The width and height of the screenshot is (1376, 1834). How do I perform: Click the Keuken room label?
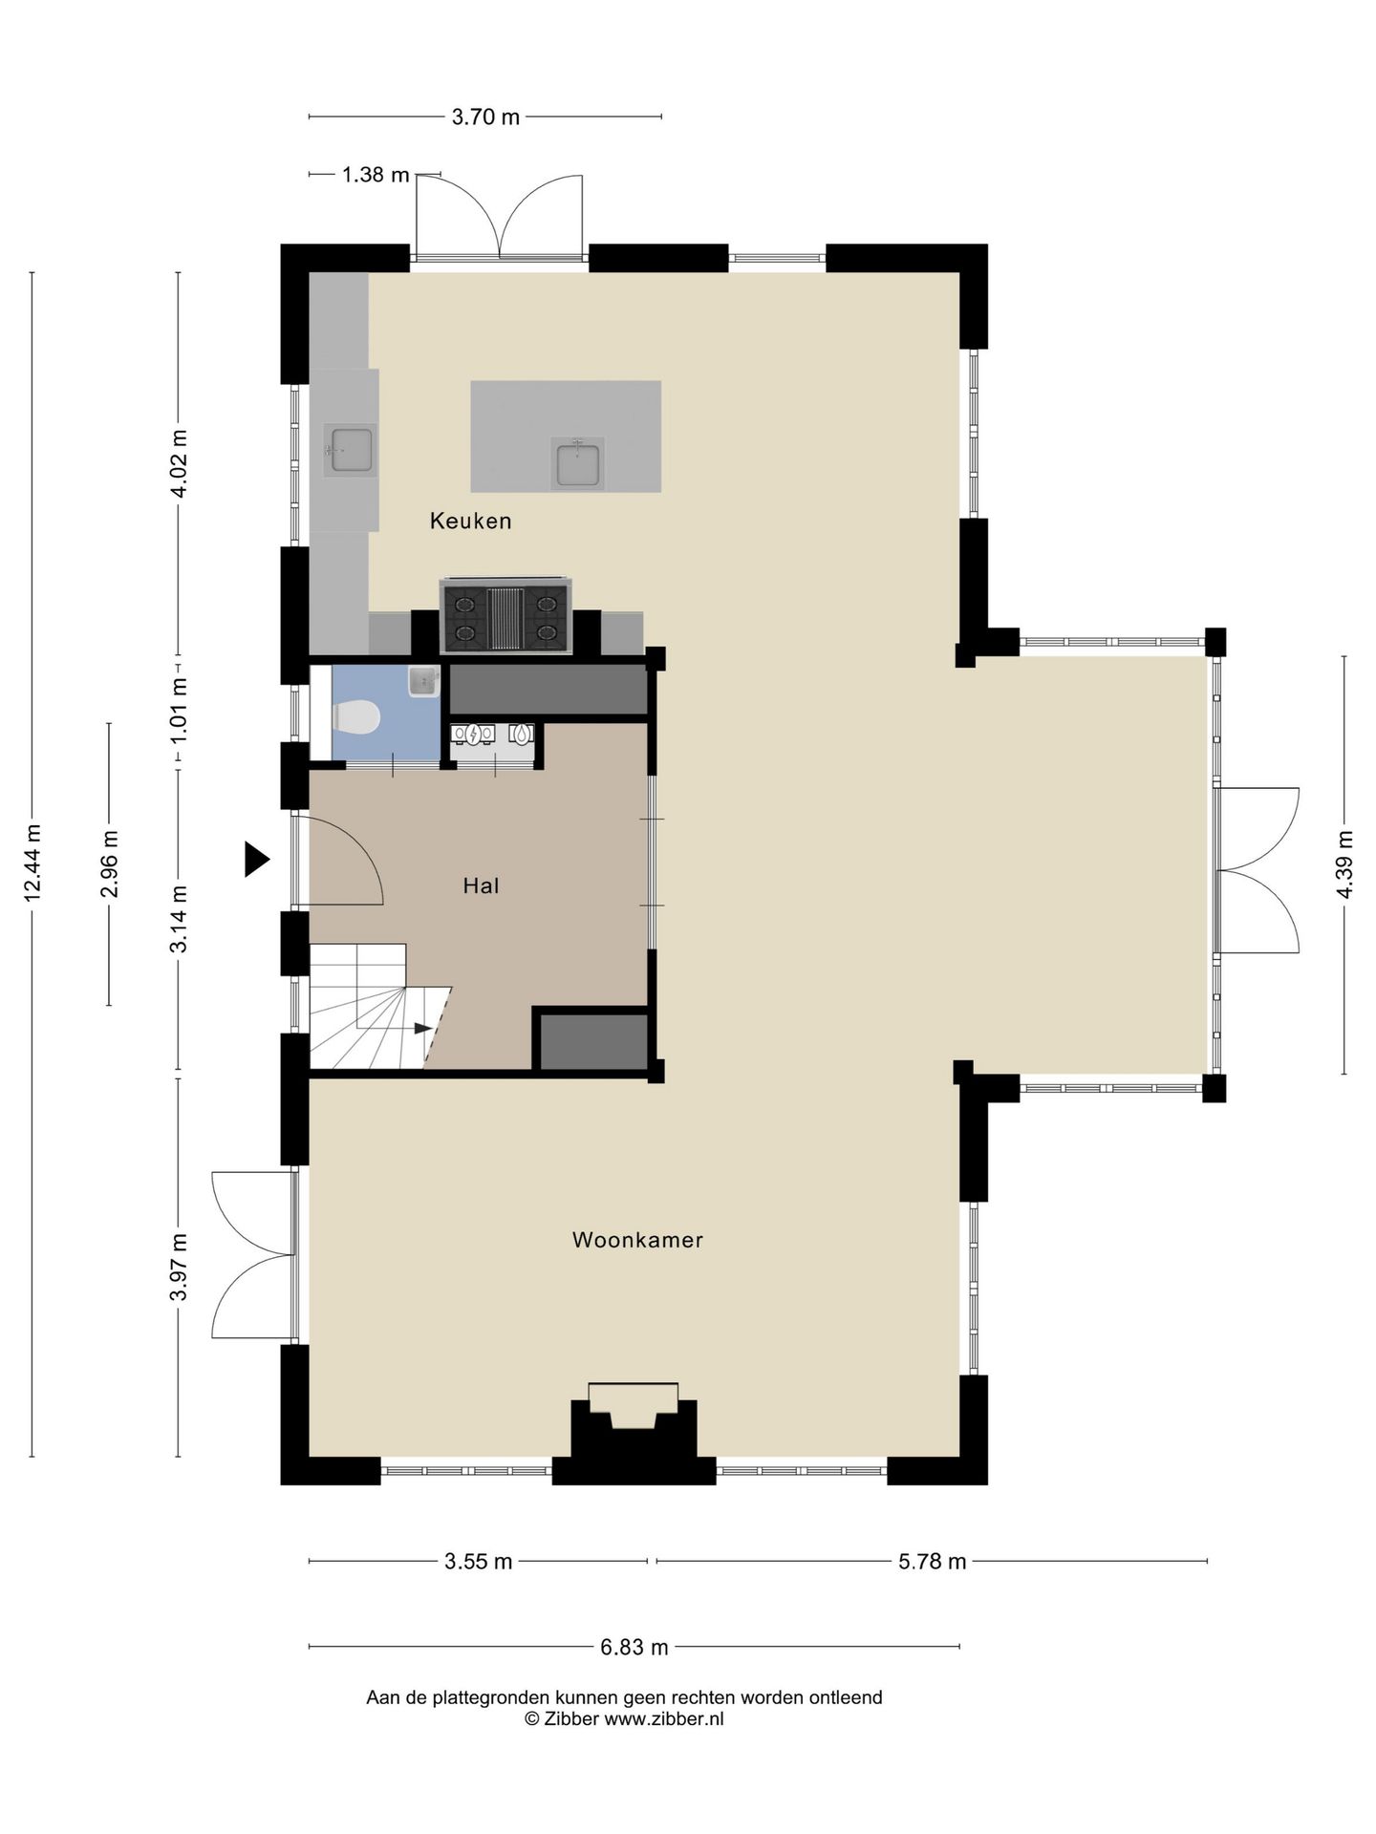pos(470,521)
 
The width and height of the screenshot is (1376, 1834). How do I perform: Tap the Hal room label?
pos(482,885)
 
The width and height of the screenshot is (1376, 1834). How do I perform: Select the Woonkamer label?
pos(637,1240)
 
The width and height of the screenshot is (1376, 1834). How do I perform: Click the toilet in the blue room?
pos(355,717)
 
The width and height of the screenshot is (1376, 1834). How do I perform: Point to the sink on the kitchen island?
pos(577,463)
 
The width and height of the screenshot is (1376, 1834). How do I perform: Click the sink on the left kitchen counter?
pos(350,449)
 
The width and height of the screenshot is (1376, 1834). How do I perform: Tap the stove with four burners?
pos(505,617)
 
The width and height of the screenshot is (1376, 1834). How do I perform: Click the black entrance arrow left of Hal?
pos(256,859)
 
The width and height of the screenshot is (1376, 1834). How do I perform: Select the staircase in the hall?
pos(379,1006)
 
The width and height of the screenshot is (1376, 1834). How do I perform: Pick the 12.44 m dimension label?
pos(32,863)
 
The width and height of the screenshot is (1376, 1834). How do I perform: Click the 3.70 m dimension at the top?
pos(485,117)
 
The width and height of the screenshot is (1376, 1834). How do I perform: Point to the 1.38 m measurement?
pos(376,175)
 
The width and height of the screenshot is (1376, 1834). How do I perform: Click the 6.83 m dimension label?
pos(634,1647)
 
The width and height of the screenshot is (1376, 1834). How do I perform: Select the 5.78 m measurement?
pos(932,1562)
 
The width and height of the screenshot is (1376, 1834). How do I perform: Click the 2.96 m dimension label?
pos(109,864)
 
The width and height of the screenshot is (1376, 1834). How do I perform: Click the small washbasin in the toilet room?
pos(423,680)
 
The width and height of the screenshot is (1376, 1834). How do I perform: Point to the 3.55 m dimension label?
pos(479,1562)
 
